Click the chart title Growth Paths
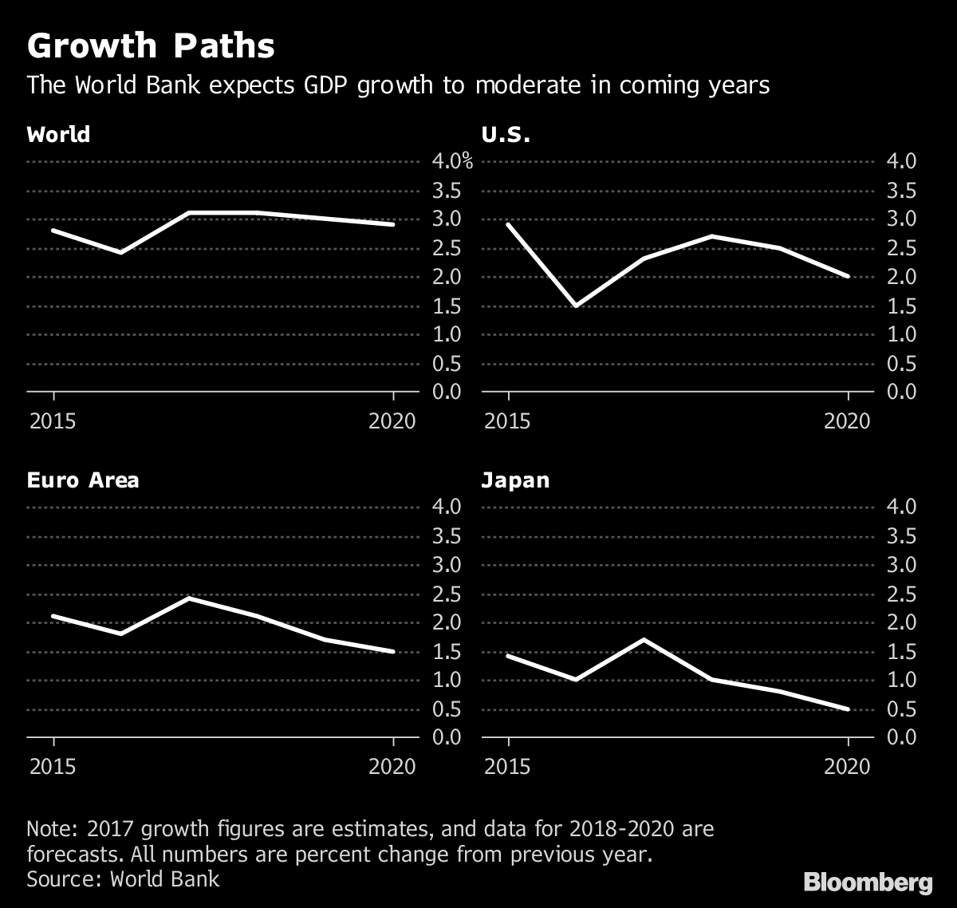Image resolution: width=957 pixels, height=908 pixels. (151, 47)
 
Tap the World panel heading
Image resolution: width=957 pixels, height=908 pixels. (58, 134)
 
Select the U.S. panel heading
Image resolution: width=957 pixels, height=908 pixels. (506, 134)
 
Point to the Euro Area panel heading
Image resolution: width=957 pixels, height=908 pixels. (83, 480)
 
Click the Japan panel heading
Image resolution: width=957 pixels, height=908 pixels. (515, 480)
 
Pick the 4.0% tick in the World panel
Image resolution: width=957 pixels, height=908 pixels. (451, 162)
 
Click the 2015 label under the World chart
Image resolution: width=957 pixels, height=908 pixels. (53, 420)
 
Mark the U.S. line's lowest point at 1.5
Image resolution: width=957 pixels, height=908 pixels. (576, 306)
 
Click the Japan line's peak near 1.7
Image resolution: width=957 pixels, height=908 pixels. (644, 639)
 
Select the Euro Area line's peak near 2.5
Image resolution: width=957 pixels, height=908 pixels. (189, 598)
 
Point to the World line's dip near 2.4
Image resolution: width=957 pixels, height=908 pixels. (120, 252)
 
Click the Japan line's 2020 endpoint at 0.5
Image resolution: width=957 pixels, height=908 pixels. (848, 709)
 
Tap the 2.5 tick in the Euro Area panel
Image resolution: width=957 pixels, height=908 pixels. (447, 594)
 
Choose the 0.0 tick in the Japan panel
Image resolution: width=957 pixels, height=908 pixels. (902, 736)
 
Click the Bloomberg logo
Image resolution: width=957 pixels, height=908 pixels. (868, 882)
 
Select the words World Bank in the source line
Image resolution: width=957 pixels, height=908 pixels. (164, 879)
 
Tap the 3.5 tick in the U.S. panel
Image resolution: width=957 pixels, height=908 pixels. (902, 191)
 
